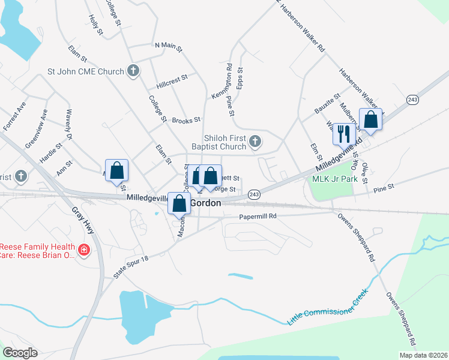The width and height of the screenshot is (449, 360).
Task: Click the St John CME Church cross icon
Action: click(133, 71)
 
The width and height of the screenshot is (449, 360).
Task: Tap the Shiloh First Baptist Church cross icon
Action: click(255, 142)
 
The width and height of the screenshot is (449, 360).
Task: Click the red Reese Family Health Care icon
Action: click(84, 249)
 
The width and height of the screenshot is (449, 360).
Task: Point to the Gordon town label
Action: click(206, 203)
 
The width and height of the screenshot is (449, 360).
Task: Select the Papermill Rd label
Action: click(258, 216)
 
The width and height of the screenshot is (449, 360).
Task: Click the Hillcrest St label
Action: click(172, 77)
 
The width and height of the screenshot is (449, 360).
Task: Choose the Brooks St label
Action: click(185, 120)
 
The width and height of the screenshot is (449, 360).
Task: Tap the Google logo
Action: click(20, 353)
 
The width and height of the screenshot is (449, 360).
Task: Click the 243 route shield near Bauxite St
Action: click(412, 100)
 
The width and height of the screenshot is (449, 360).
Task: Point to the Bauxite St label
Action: click(328, 103)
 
